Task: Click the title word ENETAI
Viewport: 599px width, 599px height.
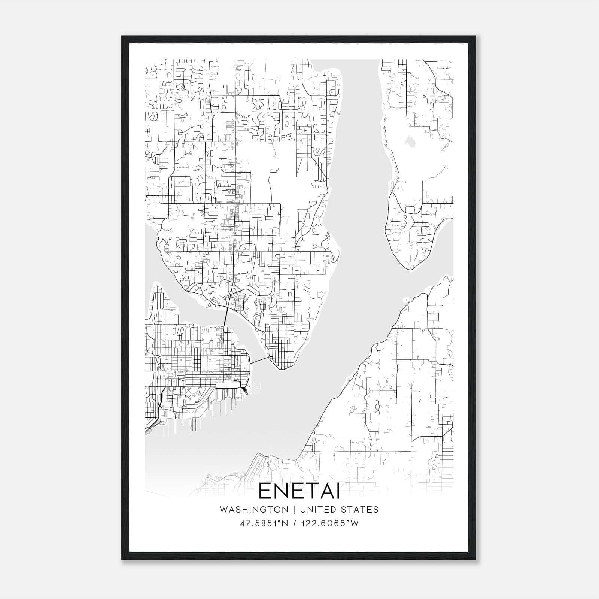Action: point(299,492)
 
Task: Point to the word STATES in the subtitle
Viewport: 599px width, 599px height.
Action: point(360,510)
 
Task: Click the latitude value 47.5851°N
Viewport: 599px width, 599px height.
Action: point(264,523)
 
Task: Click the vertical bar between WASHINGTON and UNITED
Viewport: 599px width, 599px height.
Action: point(292,510)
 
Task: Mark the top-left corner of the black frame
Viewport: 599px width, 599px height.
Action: point(122,37)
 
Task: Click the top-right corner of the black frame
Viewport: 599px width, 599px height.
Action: point(475,37)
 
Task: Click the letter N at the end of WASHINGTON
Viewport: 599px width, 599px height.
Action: point(286,510)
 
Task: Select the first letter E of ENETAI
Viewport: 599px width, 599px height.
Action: point(264,492)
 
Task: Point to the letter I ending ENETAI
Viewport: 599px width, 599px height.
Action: point(338,492)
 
